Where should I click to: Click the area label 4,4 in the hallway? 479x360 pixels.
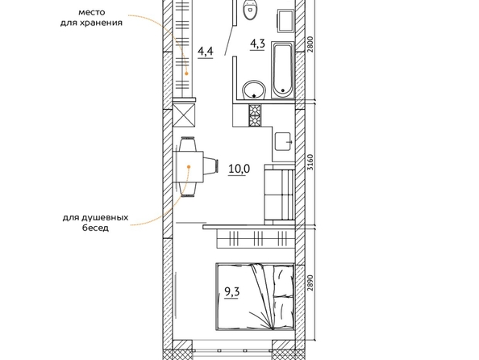pos(206,52)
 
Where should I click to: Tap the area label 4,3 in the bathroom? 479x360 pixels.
pos(257,44)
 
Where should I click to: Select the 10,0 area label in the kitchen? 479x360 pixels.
pos(240,169)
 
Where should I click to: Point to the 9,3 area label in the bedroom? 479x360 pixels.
pos(232,292)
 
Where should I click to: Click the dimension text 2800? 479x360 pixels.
pos(310,44)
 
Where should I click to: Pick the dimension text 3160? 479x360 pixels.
pos(310,162)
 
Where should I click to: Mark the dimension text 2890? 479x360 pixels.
pos(310,283)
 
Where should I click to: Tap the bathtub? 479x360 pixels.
pos(283,70)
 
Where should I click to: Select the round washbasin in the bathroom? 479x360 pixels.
pos(254,90)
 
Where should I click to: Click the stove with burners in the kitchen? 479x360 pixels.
pos(255,115)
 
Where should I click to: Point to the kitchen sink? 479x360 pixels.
pos(283,141)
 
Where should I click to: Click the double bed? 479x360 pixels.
pos(255,297)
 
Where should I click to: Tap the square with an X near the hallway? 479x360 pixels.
pos(184,115)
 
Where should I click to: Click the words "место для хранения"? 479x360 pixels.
pos(91,18)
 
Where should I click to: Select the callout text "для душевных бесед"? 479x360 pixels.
pos(95,223)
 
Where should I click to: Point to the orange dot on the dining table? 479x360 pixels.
pos(189,167)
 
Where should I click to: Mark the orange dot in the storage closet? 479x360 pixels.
pos(186,73)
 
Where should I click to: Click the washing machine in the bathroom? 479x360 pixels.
pos(285,20)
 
